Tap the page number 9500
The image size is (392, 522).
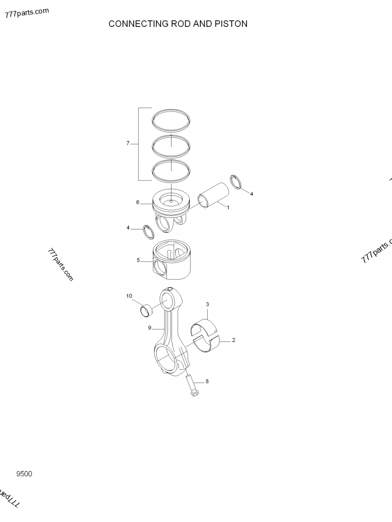pyautogui.click(x=24, y=474)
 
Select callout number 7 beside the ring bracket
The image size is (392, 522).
pyautogui.click(x=128, y=143)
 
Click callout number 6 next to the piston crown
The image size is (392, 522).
pyautogui.click(x=138, y=202)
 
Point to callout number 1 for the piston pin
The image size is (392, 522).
pyautogui.click(x=228, y=207)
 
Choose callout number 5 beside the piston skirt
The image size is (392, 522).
pyautogui.click(x=138, y=260)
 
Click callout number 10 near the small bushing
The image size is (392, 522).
pyautogui.click(x=129, y=296)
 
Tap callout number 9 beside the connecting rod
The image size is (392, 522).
pyautogui.click(x=149, y=328)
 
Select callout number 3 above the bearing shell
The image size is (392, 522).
pyautogui.click(x=207, y=304)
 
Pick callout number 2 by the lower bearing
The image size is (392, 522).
pyautogui.click(x=233, y=340)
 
